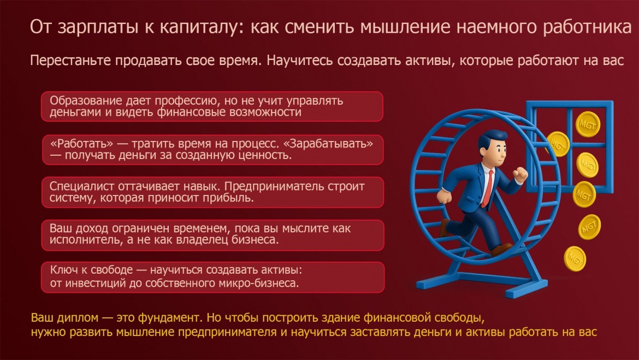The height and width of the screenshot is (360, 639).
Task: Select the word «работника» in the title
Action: click(587, 27)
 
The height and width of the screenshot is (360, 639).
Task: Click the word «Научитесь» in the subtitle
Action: click(300, 60)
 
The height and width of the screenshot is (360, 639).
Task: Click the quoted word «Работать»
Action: click(81, 144)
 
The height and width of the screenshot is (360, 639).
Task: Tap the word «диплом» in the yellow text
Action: click(78, 317)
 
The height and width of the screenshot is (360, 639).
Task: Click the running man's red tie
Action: click(488, 188)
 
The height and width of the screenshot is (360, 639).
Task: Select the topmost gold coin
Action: click(588, 124)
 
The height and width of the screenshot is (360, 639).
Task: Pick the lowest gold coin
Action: click(575, 258)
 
